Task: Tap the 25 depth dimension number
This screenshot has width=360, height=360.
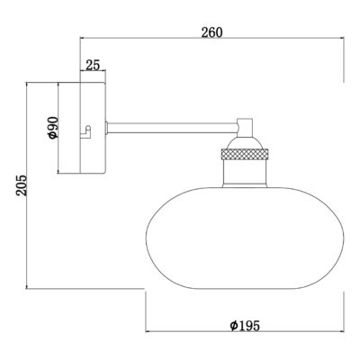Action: pos(93,65)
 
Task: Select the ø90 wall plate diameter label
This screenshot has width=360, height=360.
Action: pos(52,127)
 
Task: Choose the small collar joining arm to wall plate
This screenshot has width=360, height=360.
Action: pos(107,126)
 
